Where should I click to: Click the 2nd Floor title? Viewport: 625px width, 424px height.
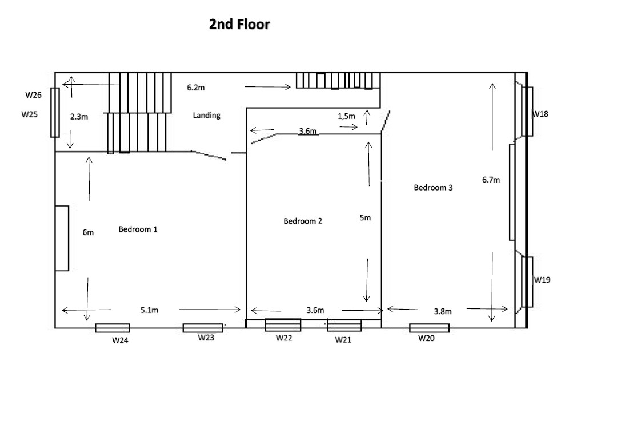[x=239, y=25]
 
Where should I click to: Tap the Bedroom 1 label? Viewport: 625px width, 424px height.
[x=138, y=229]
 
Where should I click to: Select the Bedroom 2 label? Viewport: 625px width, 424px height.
[x=303, y=221]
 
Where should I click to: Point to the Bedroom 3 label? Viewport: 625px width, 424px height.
[x=433, y=187]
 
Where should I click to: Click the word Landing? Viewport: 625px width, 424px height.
[x=206, y=116]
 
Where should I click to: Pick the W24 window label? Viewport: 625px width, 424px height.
[x=120, y=340]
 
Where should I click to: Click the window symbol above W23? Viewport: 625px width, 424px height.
[x=203, y=328]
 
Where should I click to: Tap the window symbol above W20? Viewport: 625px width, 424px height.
[x=429, y=328]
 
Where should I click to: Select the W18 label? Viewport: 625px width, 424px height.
[x=540, y=114]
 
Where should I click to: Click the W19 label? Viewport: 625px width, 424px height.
[x=542, y=280]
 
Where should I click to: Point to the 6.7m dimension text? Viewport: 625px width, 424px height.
[x=491, y=180]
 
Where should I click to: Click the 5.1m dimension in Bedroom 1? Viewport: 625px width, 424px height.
[x=150, y=310]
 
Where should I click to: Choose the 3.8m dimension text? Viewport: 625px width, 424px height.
[x=443, y=311]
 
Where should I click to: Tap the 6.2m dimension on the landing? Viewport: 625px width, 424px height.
[x=196, y=88]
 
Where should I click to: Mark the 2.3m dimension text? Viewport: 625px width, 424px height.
[x=79, y=117]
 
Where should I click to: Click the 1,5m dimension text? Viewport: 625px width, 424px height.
[x=346, y=116]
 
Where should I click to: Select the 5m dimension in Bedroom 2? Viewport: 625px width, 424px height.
[x=365, y=217]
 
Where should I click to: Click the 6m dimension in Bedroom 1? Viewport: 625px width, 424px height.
[x=88, y=232]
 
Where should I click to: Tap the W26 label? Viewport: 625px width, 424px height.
[x=34, y=95]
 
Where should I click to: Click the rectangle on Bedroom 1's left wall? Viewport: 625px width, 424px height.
[x=62, y=239]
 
